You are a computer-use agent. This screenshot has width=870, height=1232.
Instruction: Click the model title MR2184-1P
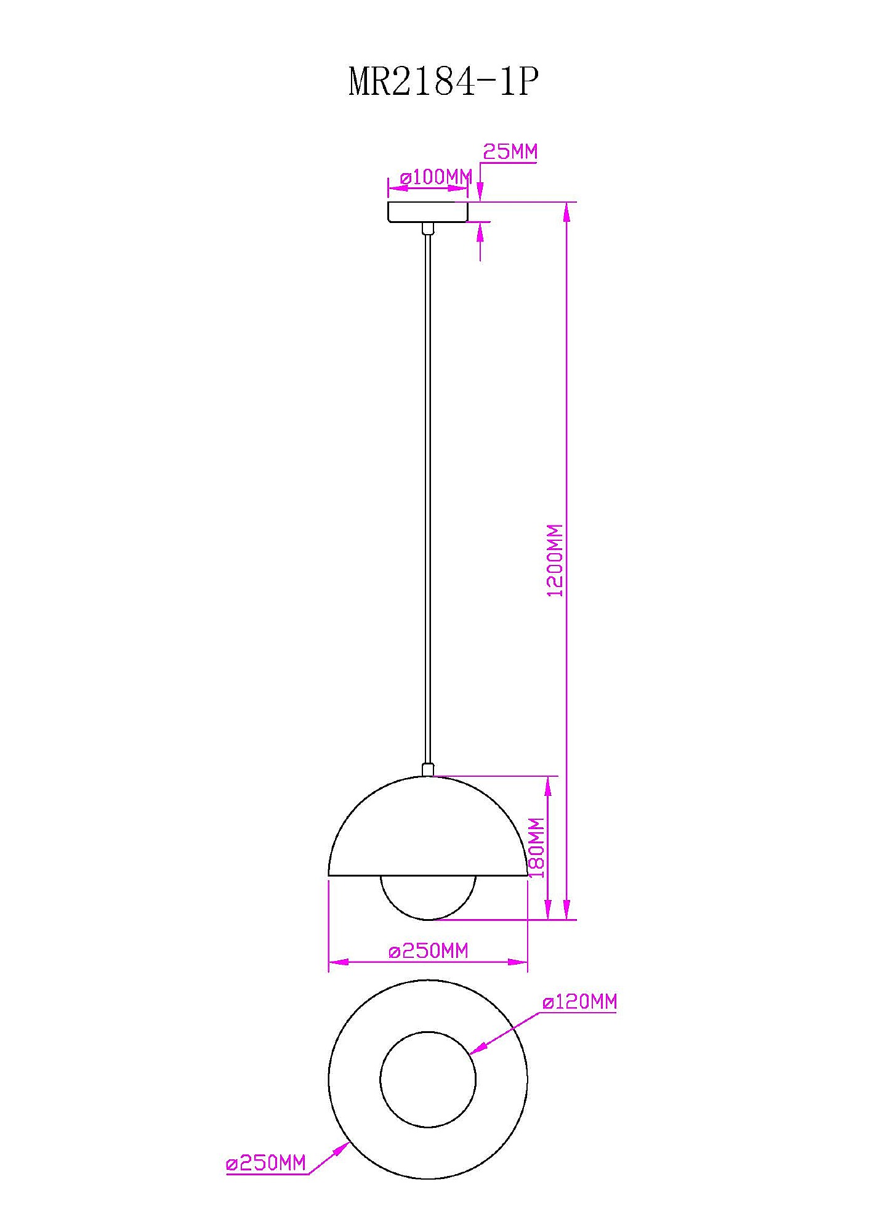[444, 81]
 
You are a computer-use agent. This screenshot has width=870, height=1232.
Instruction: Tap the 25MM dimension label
[510, 151]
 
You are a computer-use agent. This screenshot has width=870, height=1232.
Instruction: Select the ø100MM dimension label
[436, 177]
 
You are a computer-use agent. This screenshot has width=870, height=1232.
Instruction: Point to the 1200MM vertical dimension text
[555, 560]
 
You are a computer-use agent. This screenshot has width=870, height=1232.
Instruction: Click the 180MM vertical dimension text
[538, 848]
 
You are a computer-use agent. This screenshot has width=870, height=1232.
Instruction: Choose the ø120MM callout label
[579, 1002]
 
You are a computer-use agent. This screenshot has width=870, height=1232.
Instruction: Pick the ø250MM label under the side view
[429, 951]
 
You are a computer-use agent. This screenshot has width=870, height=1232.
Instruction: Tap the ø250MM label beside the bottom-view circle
[266, 1164]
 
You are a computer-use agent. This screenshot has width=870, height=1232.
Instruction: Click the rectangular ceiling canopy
[428, 211]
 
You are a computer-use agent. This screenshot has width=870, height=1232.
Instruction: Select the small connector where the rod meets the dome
[428, 769]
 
